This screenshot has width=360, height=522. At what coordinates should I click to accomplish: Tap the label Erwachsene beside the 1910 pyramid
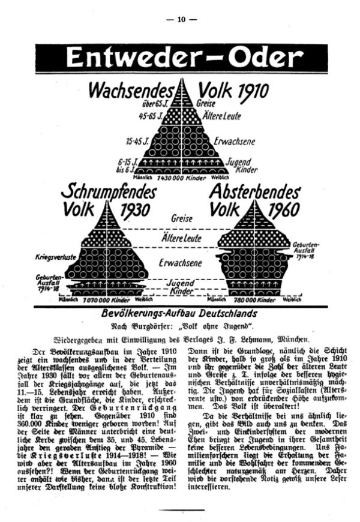point(233,142)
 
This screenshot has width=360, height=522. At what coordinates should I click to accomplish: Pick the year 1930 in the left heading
point(135,212)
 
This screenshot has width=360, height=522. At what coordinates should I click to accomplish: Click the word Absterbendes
point(254,193)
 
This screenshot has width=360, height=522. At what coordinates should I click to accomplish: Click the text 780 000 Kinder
point(254,299)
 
